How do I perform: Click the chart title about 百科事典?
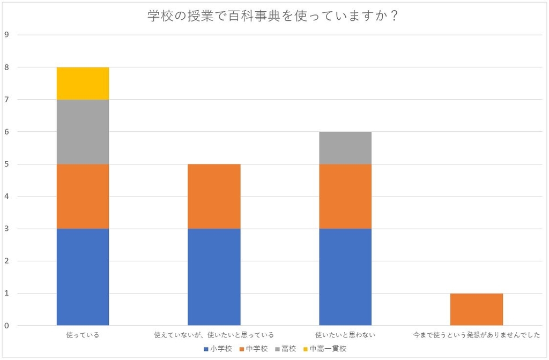click(273, 16)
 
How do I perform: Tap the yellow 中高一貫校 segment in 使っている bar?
click(83, 84)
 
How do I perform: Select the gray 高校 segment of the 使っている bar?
click(83, 132)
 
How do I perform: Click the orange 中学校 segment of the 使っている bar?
click(83, 197)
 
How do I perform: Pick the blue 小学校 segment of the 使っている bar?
click(83, 277)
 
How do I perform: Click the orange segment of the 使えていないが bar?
click(214, 197)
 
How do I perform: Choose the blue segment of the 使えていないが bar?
click(214, 277)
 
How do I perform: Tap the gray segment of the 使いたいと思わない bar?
click(345, 148)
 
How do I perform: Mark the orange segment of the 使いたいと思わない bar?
click(345, 197)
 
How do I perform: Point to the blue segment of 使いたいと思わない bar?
click(345, 277)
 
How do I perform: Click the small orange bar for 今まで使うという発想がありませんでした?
click(477, 310)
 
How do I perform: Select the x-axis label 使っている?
click(83, 335)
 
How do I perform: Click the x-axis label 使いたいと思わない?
click(345, 335)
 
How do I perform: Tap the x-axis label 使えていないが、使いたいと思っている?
click(214, 335)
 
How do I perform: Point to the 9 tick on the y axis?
click(7, 35)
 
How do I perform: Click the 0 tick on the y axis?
click(7, 326)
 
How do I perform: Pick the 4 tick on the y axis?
click(7, 197)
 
